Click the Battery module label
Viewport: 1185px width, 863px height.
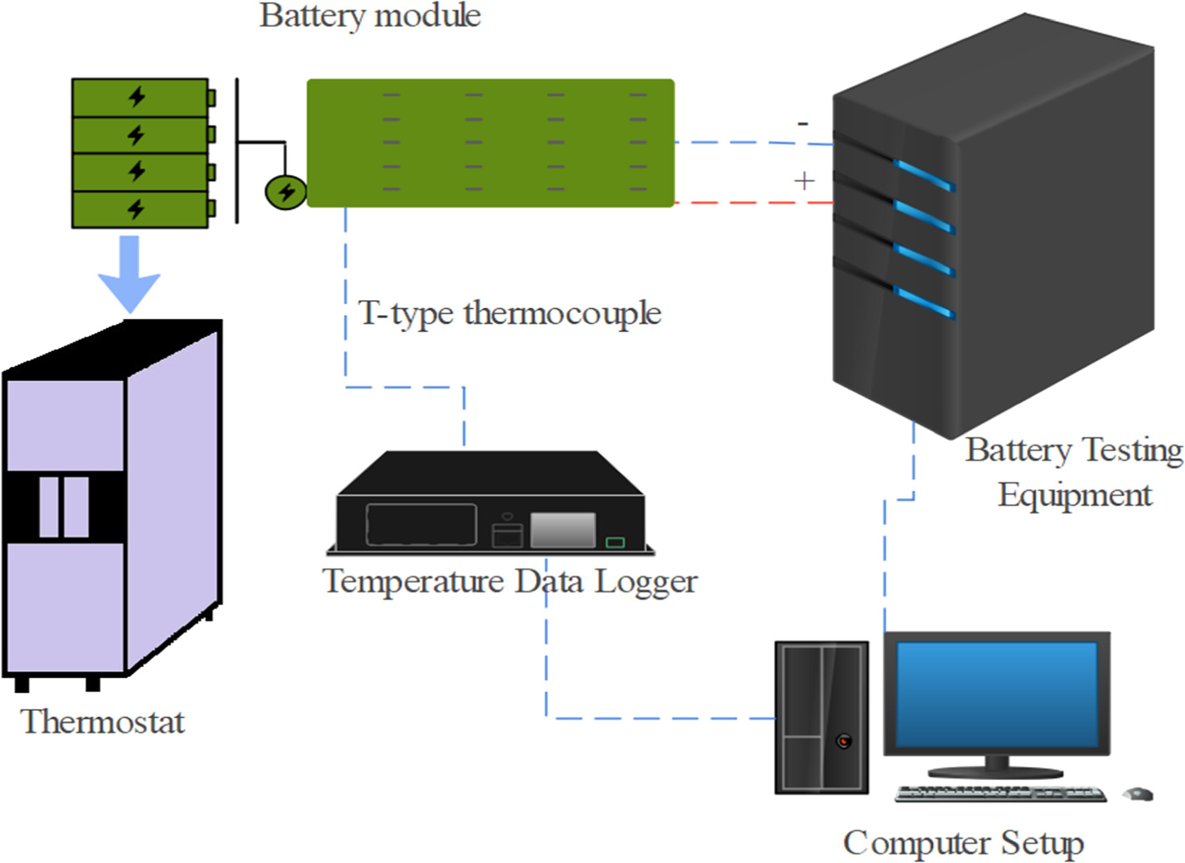click(369, 15)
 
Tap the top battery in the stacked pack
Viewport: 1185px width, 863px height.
click(140, 97)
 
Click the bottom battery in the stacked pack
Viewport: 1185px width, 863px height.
click(140, 209)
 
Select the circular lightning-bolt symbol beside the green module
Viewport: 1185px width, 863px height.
click(286, 193)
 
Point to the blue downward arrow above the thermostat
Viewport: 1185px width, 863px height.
click(129, 274)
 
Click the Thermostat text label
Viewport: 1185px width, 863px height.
click(102, 722)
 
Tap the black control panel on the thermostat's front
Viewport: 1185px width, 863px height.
click(64, 506)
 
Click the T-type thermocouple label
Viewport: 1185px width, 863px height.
click(509, 313)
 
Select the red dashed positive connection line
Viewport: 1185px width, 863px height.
click(753, 203)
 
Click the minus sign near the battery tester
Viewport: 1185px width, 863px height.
click(802, 124)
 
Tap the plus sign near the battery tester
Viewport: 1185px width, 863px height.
click(804, 181)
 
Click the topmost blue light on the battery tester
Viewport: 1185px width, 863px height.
click(923, 174)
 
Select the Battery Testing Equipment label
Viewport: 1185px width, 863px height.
click(1074, 472)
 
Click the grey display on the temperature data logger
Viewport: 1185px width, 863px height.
click(563, 530)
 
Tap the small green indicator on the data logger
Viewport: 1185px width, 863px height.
click(615, 543)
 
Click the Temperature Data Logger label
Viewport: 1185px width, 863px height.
click(510, 582)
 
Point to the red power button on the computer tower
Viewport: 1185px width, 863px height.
click(843, 741)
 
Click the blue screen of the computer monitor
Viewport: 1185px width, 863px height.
click(996, 694)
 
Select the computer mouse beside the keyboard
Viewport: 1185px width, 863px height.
click(1137, 794)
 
